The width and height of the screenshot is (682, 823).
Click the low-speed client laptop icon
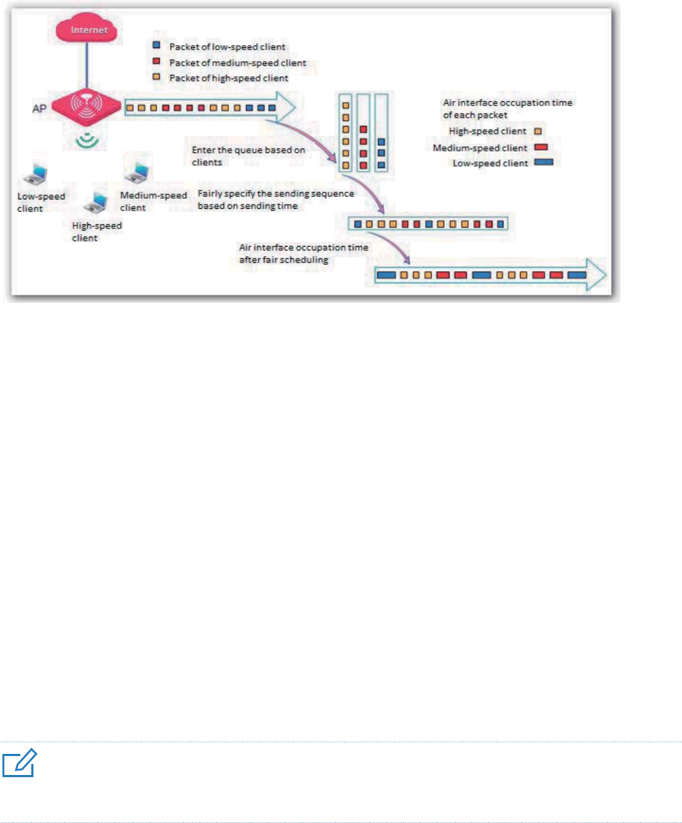coord(35,175)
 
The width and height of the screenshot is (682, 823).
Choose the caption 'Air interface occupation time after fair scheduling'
coord(303,252)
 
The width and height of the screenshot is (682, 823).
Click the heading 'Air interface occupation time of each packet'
coord(508,108)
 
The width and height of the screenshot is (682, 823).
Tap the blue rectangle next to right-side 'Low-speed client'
coord(542,162)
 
